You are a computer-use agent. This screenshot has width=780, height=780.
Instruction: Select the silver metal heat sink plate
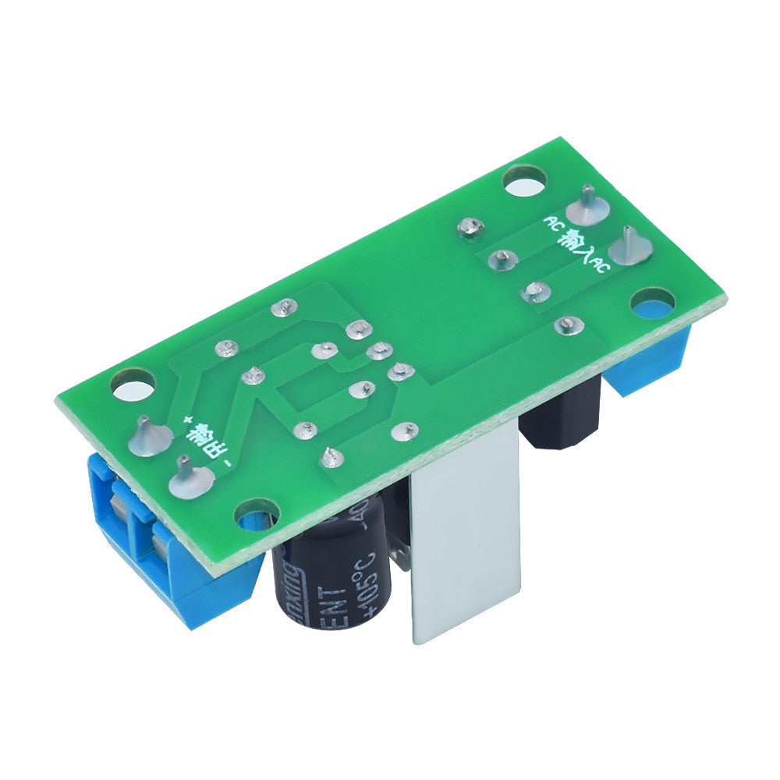[464, 538]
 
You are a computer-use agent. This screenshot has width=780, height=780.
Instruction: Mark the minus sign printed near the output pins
[227, 466]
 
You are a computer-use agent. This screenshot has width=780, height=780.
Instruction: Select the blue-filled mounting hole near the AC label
[653, 305]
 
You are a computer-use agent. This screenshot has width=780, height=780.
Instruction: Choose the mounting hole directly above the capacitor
[257, 516]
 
